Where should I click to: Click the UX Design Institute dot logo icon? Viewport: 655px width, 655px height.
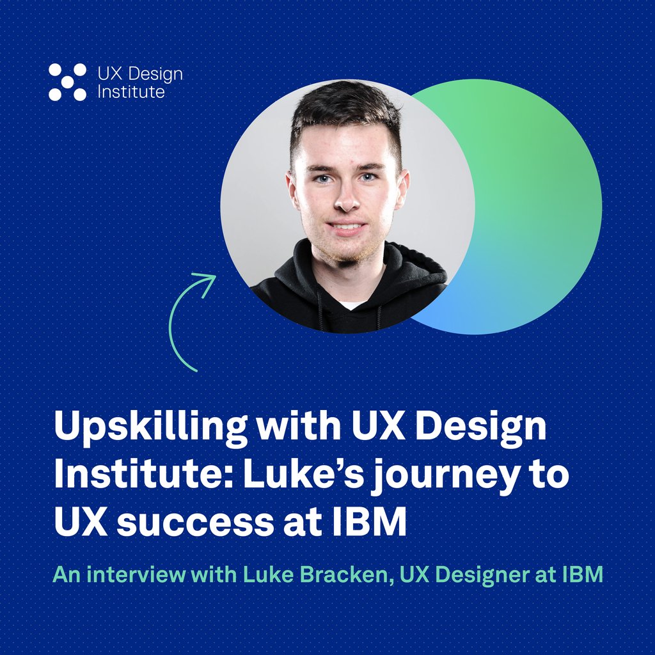pyautogui.click(x=67, y=82)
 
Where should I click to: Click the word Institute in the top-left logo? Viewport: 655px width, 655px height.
pyautogui.click(x=130, y=92)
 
